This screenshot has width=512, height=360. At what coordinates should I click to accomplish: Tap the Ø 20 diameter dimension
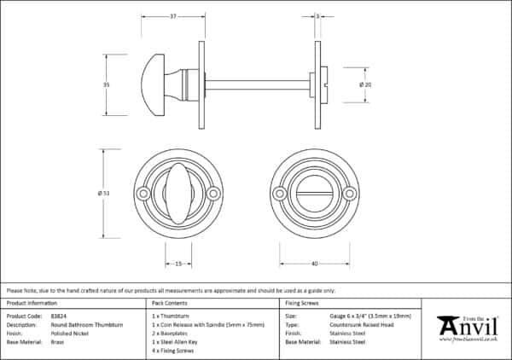click(x=365, y=84)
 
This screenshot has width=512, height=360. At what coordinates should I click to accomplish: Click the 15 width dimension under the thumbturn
click(x=178, y=264)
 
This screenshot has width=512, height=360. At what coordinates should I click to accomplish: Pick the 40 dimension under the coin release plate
click(x=315, y=264)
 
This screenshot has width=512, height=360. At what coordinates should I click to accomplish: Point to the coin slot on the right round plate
click(x=315, y=195)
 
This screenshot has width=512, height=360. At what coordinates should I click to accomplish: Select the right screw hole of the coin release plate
click(x=349, y=195)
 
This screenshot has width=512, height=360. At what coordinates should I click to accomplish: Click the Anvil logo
click(x=468, y=326)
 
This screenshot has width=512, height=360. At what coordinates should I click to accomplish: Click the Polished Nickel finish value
click(x=70, y=333)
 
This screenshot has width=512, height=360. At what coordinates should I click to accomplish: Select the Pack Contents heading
click(x=169, y=303)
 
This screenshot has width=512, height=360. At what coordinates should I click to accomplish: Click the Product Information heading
click(x=32, y=303)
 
